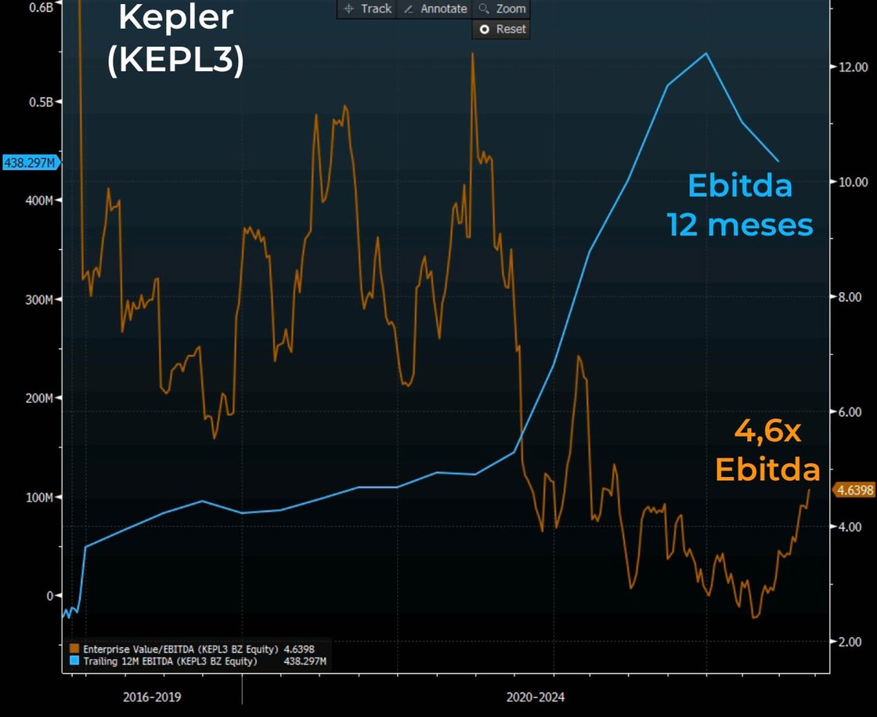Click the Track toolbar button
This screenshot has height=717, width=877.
tap(368, 9)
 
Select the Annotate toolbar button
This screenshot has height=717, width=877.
tap(435, 9)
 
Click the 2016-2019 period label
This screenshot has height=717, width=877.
tap(151, 697)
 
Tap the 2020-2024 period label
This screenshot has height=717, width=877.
tap(535, 697)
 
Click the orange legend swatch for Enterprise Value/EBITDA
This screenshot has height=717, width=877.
tap(74, 649)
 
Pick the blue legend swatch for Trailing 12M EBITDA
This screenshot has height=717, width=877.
tap(74, 661)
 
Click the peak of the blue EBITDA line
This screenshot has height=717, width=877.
tap(706, 53)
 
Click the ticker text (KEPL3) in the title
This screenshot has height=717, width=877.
tap(175, 60)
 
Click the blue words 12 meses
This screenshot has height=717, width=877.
tap(740, 225)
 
